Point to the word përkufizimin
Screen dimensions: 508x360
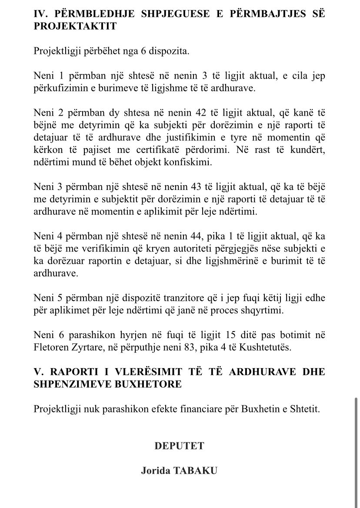[x=57, y=88]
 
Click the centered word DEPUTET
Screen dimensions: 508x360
[x=179, y=446]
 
